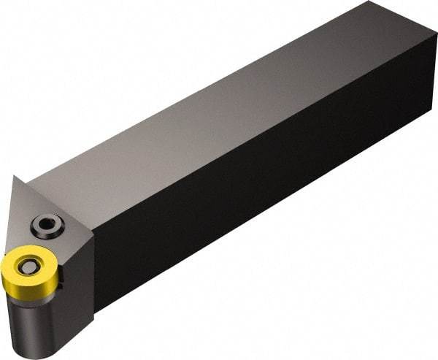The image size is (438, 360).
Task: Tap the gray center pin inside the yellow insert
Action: coord(29,267)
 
